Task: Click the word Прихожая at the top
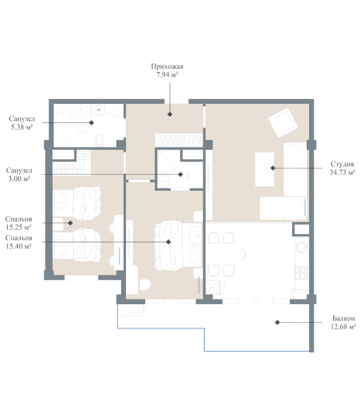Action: (167, 67)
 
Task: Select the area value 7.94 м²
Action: (167, 75)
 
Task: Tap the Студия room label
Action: (342, 163)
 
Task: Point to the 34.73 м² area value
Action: (342, 172)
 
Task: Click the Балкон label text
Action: (343, 318)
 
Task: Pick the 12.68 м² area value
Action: (343, 327)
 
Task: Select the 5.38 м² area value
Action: (21, 127)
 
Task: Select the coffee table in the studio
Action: (265, 169)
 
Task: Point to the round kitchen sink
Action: (301, 247)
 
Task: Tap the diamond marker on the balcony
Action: (277, 323)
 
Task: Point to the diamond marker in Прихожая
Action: (170, 113)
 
